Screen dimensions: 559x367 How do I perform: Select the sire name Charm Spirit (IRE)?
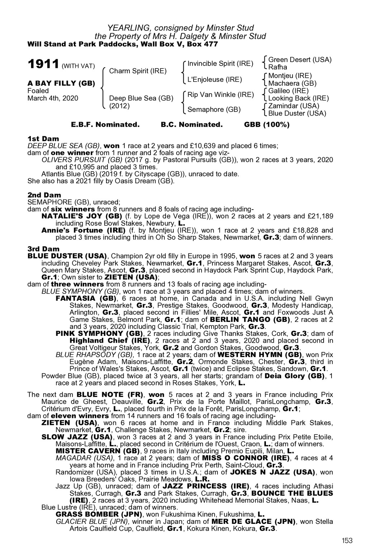click(x=138, y=71)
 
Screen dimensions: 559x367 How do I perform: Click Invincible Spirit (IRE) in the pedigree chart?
click(x=220, y=64)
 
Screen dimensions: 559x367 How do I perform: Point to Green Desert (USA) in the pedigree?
click(x=300, y=60)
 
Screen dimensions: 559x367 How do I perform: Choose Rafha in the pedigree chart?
click(x=278, y=67)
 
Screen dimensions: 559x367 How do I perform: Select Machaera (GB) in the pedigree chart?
click(x=292, y=83)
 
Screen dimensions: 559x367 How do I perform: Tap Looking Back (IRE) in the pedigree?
click(x=298, y=98)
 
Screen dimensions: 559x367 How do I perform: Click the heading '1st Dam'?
click(x=43, y=138)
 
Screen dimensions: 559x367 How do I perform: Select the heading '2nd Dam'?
click(x=44, y=195)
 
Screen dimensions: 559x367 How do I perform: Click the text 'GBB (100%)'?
click(x=267, y=125)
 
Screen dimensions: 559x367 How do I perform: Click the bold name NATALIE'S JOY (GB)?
click(x=82, y=216)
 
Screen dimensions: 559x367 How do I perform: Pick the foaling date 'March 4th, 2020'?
click(x=53, y=98)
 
